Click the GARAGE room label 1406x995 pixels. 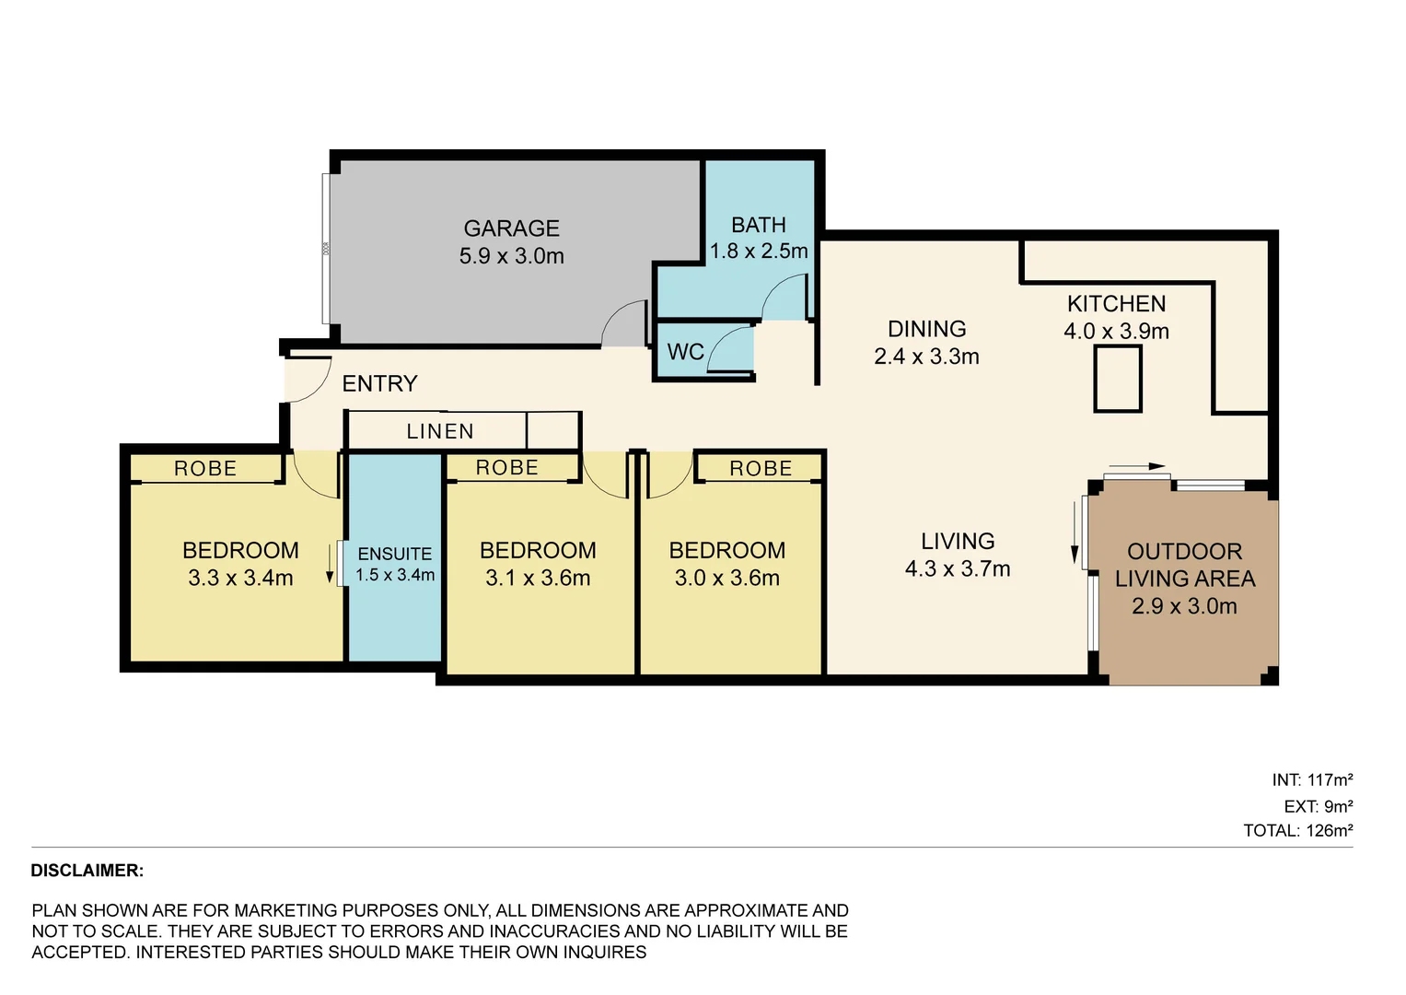pos(511,228)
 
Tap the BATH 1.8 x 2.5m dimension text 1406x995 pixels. pos(759,252)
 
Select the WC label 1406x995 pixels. pos(685,352)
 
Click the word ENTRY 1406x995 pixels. pos(379,383)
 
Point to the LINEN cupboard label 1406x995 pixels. pos(440,431)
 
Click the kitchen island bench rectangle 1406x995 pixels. pos(1117,379)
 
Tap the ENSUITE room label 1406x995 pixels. pos(395,554)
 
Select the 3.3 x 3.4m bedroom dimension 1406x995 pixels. pos(240,579)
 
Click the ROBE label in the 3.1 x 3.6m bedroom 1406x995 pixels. pos(506,468)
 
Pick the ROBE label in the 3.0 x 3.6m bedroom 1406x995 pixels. pos(761,469)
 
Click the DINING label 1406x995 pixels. pos(926,329)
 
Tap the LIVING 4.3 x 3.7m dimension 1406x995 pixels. pos(957,569)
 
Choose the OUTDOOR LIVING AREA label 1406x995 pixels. pos(1184,565)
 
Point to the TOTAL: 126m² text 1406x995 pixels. pos(1297,831)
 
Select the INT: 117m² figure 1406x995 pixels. pos(1312,780)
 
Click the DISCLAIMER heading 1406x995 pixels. pos(87,871)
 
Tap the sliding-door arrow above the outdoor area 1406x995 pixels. pos(1137,467)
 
